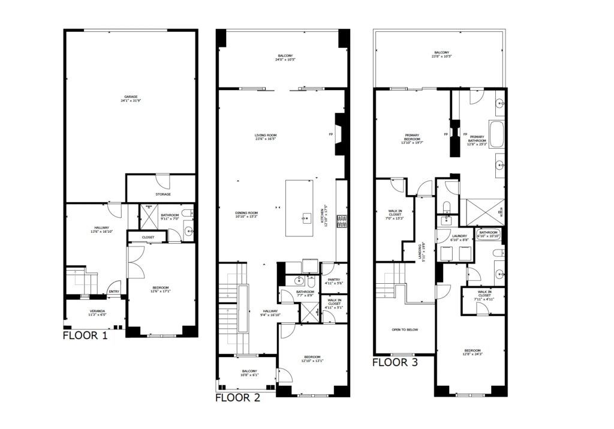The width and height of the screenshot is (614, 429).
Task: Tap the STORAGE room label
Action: coord(163,194)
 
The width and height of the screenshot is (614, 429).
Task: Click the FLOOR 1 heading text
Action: coord(85,335)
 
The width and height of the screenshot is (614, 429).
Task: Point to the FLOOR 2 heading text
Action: coord(237,397)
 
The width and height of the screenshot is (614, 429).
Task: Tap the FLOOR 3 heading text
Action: coord(395,362)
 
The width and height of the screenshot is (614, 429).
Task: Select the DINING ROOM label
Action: coord(246,212)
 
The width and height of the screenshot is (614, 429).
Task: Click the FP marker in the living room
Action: coord(330,134)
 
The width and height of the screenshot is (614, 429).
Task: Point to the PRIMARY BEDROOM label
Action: coord(412,136)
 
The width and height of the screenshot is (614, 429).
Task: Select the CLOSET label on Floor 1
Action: coord(148,238)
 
